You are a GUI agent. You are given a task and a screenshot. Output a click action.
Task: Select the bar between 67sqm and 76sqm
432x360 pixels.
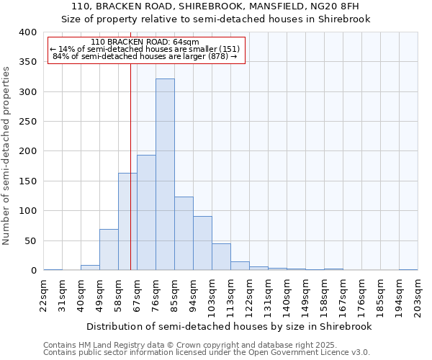point(146,212)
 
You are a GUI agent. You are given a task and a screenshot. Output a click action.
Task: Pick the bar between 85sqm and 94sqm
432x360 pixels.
point(184,233)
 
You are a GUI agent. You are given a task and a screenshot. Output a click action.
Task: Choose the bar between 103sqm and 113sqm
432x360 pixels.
point(221,257)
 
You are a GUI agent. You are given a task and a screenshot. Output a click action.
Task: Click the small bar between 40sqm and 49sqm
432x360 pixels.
point(90,268)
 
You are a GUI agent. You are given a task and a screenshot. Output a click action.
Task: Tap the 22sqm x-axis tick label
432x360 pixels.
point(44,296)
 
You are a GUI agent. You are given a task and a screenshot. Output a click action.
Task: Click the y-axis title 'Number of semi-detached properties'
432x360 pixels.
point(7,155)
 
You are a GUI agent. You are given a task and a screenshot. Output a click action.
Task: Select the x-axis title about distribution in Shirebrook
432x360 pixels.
point(228,326)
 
